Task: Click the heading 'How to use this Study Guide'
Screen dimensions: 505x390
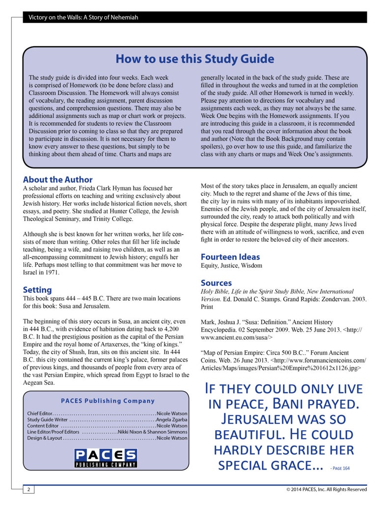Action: click(x=195, y=59)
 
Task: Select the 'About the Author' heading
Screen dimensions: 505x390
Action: click(x=57, y=180)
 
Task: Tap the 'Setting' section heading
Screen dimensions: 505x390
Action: click(x=37, y=289)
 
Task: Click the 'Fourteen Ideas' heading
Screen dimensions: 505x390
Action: click(x=230, y=256)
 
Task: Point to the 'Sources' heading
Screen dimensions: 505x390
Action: click(x=216, y=282)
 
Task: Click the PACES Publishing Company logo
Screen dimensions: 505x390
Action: click(x=106, y=458)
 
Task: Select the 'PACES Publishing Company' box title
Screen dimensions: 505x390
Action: click(x=101, y=400)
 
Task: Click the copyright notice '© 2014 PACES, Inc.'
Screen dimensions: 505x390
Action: click(x=326, y=489)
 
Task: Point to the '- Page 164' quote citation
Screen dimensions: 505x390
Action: click(x=340, y=468)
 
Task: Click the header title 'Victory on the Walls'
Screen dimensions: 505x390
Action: click(x=83, y=18)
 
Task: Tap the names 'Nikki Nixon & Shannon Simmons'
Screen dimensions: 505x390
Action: click(x=152, y=432)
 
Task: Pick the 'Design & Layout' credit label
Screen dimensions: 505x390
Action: click(x=44, y=438)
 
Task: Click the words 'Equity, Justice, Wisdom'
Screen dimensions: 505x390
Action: click(x=231, y=266)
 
